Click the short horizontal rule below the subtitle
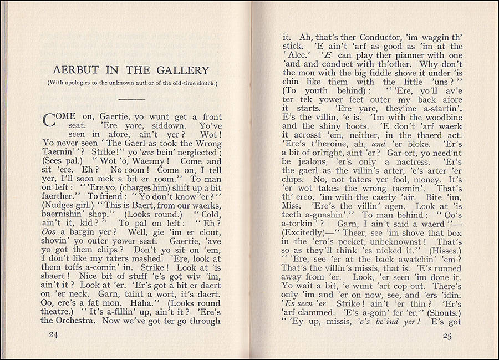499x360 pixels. coord(131,99)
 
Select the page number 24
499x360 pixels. coord(53,334)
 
